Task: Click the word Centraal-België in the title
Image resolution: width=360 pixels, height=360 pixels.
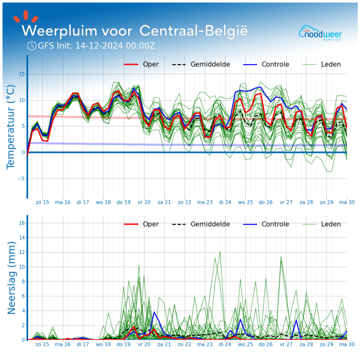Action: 193,29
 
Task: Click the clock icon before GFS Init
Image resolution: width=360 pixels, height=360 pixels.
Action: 31,46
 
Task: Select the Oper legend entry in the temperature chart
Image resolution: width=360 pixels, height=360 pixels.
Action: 141,64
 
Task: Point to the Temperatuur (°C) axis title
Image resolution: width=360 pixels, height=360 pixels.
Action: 10,127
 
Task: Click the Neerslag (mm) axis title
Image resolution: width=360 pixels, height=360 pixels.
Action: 10,277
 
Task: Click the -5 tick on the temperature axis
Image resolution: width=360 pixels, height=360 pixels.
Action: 21,179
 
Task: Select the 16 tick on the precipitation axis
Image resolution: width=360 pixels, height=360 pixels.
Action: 21,223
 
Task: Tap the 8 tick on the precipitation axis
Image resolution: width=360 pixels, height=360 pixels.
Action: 22,281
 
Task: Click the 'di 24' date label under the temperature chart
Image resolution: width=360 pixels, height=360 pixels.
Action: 224,201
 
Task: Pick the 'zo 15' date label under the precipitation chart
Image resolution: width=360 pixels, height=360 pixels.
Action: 42,343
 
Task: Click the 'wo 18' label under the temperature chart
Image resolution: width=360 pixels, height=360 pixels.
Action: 103,201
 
